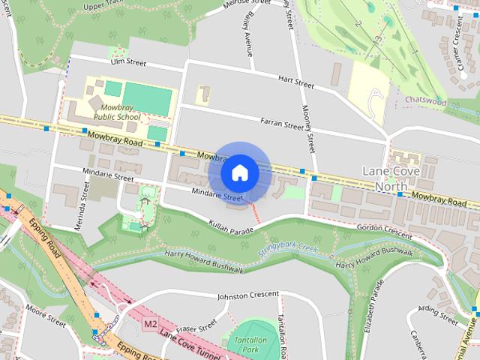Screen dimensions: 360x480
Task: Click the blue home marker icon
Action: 239,173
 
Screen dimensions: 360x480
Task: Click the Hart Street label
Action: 295,80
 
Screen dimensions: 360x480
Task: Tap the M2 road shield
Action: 151,324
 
